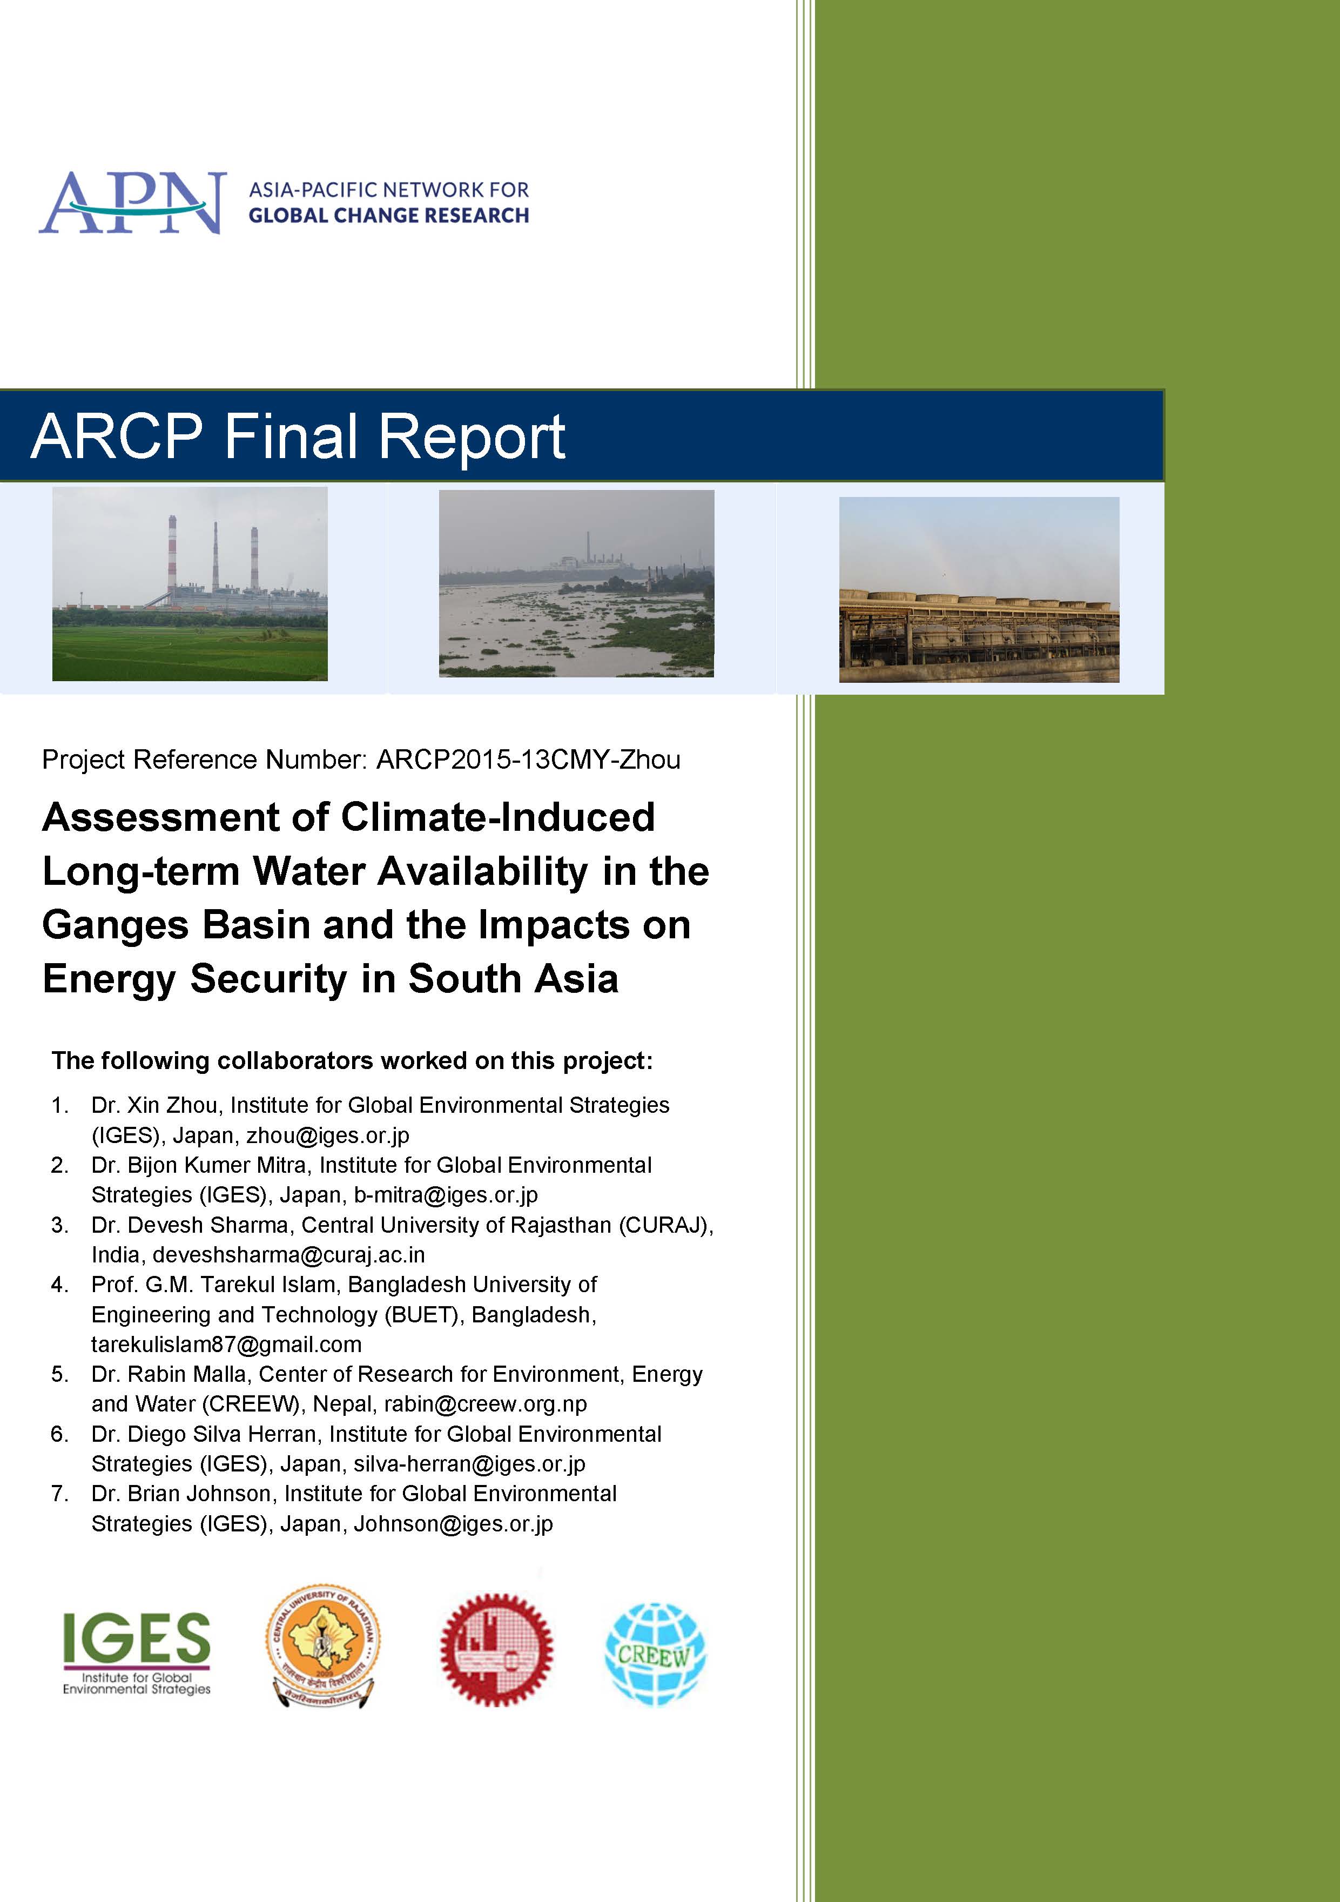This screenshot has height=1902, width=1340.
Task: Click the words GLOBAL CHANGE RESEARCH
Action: click(x=388, y=216)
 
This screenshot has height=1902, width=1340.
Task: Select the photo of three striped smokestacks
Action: click(x=190, y=584)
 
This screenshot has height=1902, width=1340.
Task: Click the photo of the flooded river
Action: click(x=576, y=584)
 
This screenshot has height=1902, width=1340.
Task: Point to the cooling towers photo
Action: click(x=979, y=590)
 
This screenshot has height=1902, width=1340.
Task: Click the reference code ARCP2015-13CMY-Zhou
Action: click(x=528, y=760)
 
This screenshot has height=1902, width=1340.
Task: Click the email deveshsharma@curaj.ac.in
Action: click(x=288, y=1255)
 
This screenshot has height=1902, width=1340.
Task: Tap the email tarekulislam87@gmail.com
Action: click(x=226, y=1345)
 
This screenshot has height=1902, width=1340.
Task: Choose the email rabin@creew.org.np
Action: click(x=486, y=1404)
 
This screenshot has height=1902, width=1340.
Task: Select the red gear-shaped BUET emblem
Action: click(x=496, y=1649)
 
